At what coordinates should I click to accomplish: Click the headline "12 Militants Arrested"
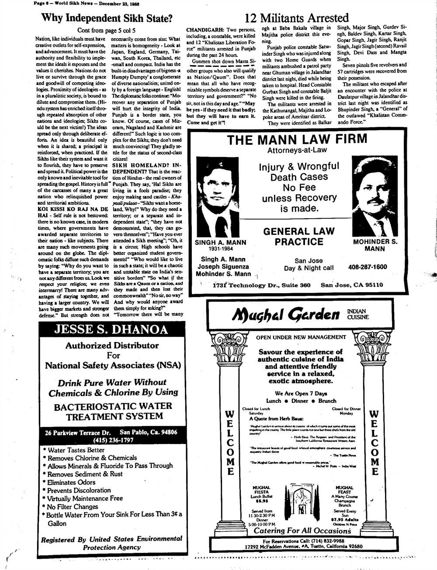coord(297,18)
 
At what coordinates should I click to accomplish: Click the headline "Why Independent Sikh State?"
coord(107,18)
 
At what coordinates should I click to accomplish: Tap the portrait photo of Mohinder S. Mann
coord(375,196)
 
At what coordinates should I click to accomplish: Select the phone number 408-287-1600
coord(368,267)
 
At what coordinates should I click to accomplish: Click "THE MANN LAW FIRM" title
coord(297,139)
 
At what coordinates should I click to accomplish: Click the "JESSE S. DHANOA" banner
coord(111,329)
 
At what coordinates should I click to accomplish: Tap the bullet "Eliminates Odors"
coord(71,482)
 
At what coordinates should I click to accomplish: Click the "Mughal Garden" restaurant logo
coord(286,314)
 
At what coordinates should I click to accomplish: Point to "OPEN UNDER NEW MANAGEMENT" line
coord(301,337)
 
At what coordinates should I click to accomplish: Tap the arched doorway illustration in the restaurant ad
coord(302,500)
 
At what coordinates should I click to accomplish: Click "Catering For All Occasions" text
coord(302,531)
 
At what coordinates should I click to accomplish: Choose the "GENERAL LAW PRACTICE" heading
coord(299,236)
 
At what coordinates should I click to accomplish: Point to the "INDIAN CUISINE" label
coord(357,314)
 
